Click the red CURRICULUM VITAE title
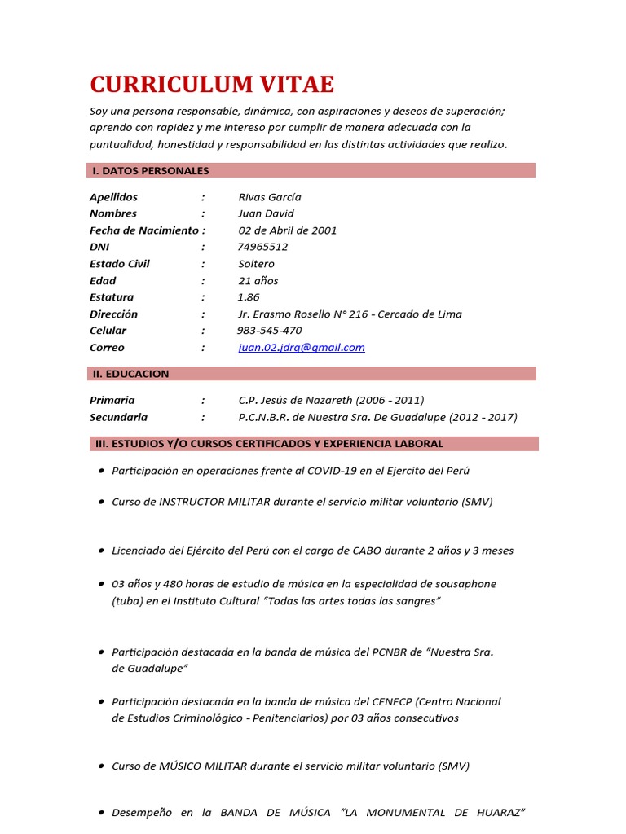tap(212, 85)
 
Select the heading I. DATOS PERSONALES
tap(151, 170)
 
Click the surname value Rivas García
tap(270, 197)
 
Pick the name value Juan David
tap(267, 213)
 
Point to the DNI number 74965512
tap(262, 247)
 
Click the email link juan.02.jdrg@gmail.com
tap(302, 348)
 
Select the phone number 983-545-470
tap(269, 331)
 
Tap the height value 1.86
tap(249, 297)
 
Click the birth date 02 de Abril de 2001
tap(287, 230)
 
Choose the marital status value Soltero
tap(256, 264)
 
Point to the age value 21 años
tap(258, 281)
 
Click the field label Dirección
tap(113, 314)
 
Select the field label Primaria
tap(112, 401)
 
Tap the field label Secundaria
tap(119, 417)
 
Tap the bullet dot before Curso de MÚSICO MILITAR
tap(100, 766)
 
